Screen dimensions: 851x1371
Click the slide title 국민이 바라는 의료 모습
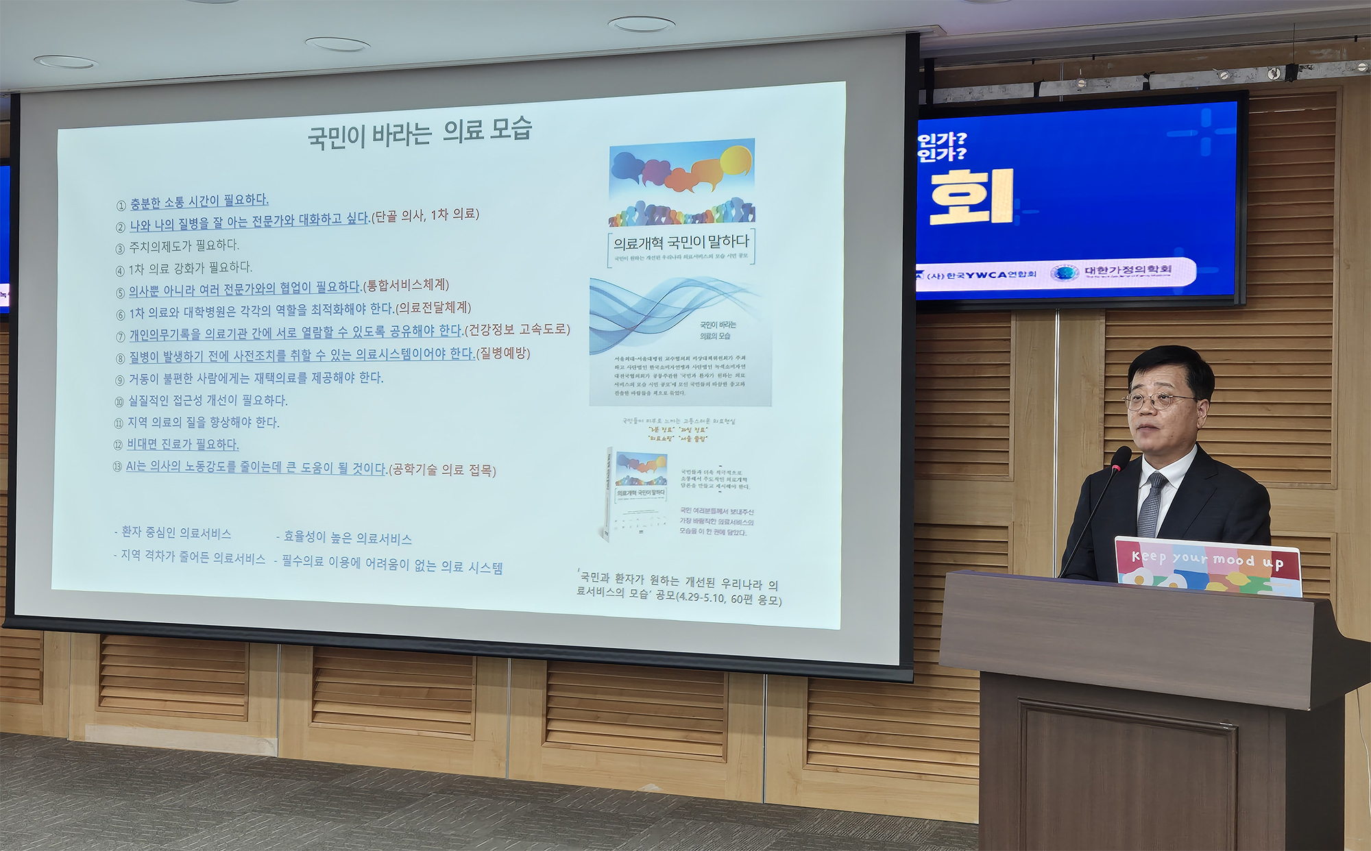(x=420, y=132)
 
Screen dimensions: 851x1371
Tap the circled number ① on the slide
(x=121, y=205)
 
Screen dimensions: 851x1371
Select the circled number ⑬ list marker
(x=117, y=467)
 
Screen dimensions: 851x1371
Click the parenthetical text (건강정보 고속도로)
(x=518, y=330)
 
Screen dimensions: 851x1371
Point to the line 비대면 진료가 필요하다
(x=183, y=444)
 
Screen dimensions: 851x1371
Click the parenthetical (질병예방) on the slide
(x=504, y=353)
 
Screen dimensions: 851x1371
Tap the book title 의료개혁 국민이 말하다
(x=681, y=242)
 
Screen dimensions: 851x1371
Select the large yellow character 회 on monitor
(x=971, y=197)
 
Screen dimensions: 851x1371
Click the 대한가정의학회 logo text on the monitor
(x=1127, y=270)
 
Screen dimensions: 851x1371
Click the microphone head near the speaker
(x=1121, y=458)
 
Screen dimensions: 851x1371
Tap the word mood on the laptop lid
(x=1233, y=560)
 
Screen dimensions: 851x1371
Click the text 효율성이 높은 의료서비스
(x=348, y=538)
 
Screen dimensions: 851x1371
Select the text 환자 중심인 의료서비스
(x=175, y=532)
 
